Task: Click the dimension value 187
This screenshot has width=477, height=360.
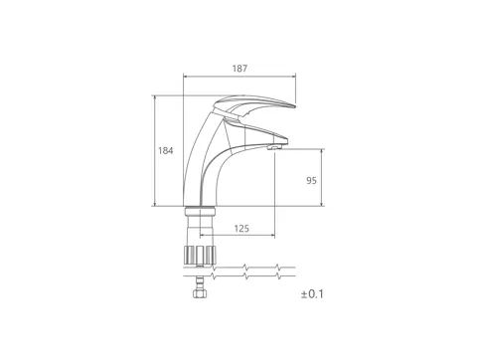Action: [239, 69]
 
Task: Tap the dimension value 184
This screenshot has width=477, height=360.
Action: [165, 151]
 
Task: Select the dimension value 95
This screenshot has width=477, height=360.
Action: [311, 181]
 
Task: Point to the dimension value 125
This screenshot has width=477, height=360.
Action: [241, 229]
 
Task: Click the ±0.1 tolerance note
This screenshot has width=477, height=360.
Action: [312, 294]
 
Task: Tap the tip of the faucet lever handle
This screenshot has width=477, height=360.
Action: [293, 106]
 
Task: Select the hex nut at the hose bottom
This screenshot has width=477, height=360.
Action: [199, 293]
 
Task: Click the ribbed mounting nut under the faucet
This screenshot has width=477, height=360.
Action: [200, 256]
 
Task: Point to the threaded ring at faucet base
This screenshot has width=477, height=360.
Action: [200, 211]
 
